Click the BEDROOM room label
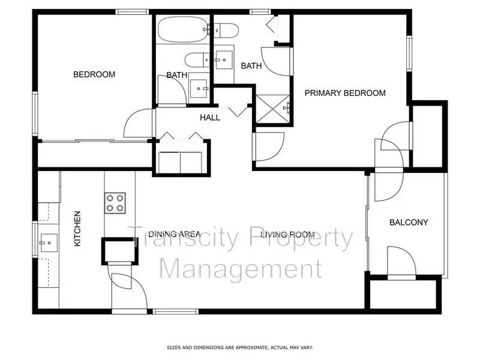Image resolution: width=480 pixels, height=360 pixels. (x=94, y=74)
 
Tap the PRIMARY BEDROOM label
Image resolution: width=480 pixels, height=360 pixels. (x=345, y=93)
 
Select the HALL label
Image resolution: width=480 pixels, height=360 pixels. (x=210, y=118)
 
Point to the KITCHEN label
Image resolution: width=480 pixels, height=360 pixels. (x=77, y=229)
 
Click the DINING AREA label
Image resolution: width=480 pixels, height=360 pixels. (x=174, y=235)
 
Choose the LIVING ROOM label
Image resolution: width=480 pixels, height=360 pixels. (x=287, y=235)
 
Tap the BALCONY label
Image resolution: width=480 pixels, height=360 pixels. (x=409, y=223)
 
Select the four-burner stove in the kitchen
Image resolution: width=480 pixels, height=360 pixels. (x=115, y=203)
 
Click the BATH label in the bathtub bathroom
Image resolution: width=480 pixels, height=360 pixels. (x=176, y=75)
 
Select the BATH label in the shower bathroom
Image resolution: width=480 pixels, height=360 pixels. (x=251, y=66)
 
